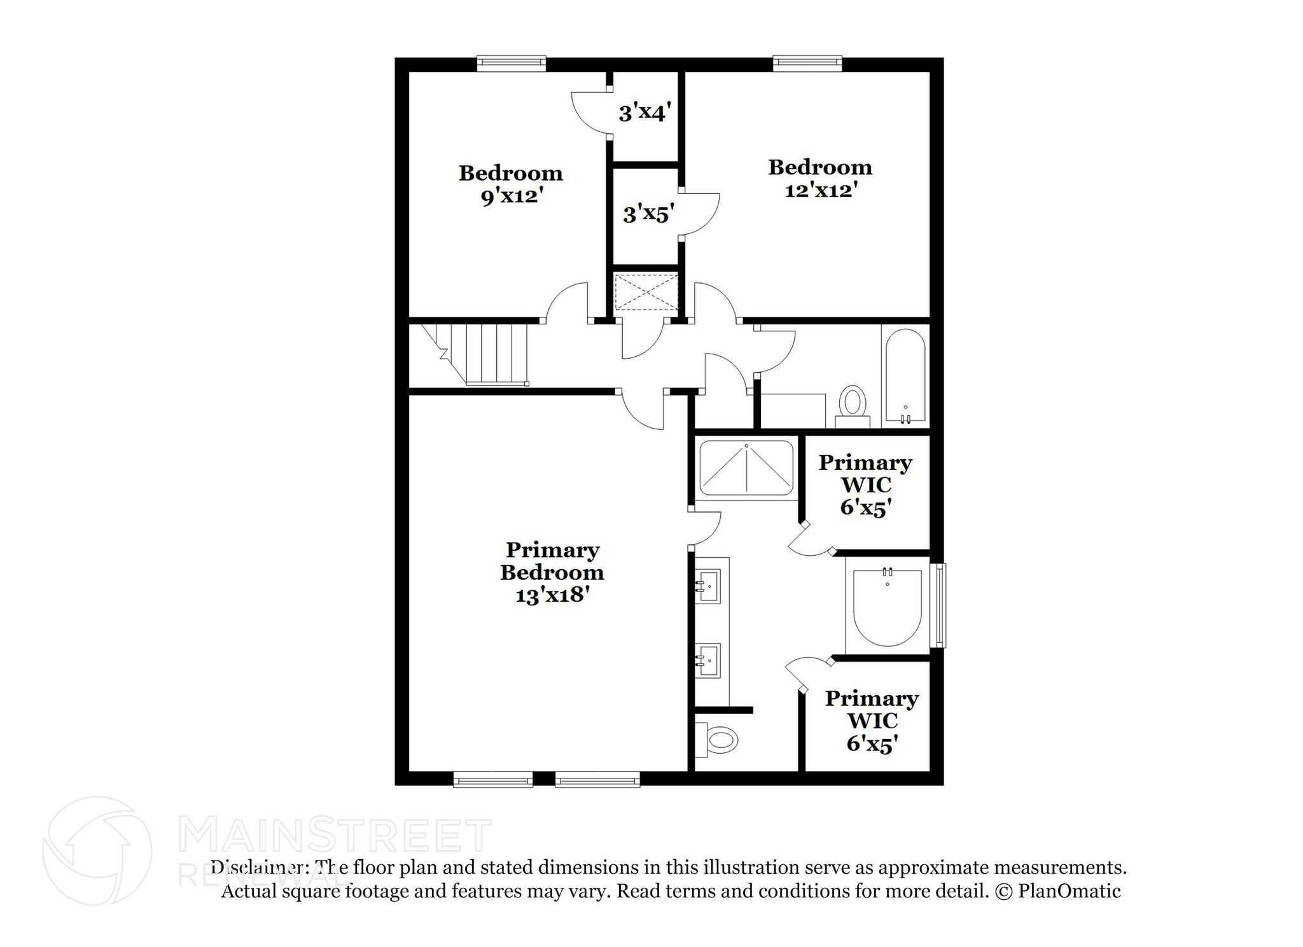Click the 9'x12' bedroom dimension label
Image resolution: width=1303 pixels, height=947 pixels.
click(x=511, y=196)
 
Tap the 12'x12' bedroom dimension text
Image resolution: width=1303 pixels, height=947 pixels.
click(x=821, y=190)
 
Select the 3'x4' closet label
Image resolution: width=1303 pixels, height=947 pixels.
click(x=644, y=113)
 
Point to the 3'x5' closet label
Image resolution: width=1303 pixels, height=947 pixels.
click(x=648, y=214)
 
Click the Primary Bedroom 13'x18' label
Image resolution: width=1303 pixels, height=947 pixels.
click(x=552, y=572)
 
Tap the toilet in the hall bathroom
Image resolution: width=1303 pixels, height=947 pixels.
click(x=852, y=404)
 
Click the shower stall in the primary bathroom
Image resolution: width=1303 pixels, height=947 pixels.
click(x=746, y=467)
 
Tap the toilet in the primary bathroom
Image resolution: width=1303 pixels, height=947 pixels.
click(x=719, y=740)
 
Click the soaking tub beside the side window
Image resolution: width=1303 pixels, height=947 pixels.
click(x=887, y=607)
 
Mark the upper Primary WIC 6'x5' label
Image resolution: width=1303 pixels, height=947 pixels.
click(x=865, y=485)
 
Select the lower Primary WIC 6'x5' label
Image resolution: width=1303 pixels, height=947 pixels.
click(x=872, y=721)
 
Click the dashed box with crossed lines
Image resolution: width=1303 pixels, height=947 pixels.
click(x=645, y=292)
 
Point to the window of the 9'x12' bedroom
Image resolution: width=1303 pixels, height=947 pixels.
click(x=512, y=62)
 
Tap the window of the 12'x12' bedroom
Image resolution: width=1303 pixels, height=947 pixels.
click(x=807, y=62)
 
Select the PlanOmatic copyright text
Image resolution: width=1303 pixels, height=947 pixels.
click(x=1057, y=891)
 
